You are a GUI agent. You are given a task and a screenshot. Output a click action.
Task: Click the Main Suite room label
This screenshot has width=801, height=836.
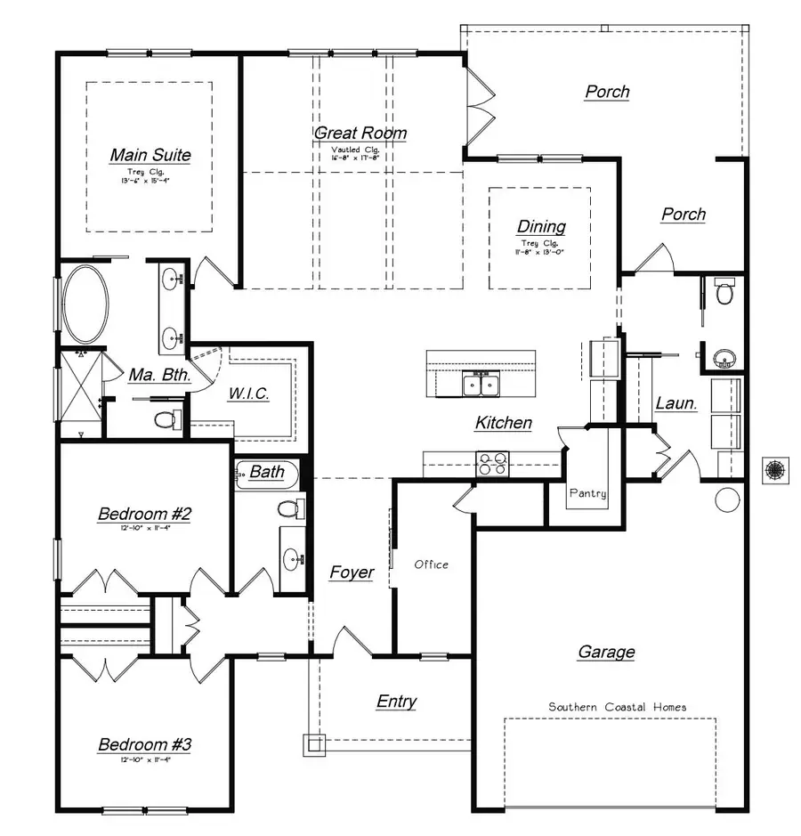click(x=150, y=155)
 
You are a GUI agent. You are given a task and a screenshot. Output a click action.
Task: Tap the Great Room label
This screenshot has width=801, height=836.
click(x=360, y=134)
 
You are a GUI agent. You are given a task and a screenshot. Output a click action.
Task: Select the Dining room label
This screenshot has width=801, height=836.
click(x=541, y=227)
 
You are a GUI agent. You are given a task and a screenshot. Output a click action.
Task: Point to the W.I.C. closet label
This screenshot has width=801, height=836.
click(x=249, y=394)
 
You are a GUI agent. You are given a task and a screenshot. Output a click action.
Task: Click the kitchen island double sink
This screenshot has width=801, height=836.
click(x=480, y=385)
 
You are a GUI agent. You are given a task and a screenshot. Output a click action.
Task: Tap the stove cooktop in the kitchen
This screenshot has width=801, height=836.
click(x=493, y=463)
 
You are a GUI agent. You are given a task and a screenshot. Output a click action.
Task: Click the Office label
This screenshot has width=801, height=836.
click(x=432, y=564)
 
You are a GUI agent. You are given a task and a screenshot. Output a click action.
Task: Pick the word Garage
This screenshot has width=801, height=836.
click(x=606, y=653)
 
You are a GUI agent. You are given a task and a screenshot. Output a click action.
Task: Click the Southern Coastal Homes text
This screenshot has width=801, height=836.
click(x=617, y=707)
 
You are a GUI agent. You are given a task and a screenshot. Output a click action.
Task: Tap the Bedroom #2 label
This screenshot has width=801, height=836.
click(x=144, y=514)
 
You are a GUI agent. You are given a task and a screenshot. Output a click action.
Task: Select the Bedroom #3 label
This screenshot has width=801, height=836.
click(x=144, y=745)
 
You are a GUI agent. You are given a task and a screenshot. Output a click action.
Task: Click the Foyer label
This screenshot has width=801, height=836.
click(x=352, y=572)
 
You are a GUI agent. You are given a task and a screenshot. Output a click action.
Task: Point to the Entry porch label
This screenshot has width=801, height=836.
click(x=396, y=702)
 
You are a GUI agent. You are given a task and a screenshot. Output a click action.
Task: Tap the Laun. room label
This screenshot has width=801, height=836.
click(x=676, y=403)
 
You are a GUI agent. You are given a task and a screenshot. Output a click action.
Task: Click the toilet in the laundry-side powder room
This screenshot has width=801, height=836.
click(x=725, y=291)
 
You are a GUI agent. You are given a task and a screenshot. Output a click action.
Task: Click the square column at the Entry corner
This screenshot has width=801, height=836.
click(x=314, y=743)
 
